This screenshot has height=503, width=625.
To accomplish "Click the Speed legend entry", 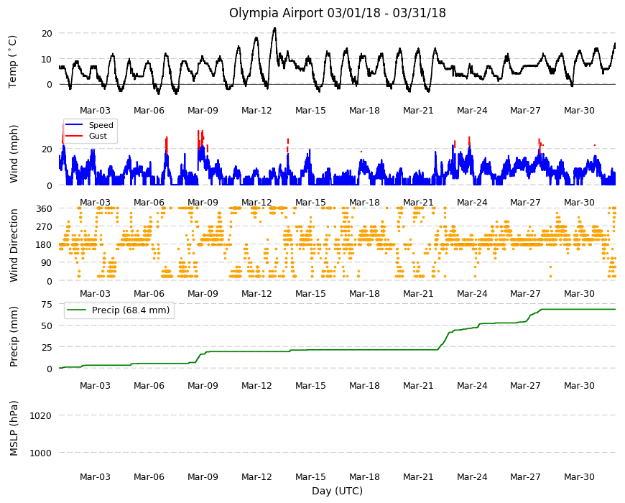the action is coord(101,125).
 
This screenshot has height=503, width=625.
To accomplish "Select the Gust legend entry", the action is coord(98,136).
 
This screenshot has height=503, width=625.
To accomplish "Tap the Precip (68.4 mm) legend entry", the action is coord(131,310).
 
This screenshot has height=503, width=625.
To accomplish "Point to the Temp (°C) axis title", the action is coord(13,62).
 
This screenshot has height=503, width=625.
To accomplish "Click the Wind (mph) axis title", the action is coord(14,154).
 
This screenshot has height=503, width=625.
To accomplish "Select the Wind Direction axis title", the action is coord(14,245).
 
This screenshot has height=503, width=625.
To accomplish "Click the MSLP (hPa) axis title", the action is coord(14,428).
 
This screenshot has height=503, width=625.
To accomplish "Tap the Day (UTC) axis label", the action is coord(337,491).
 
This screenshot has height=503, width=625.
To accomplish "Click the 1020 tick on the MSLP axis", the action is coord(41,416).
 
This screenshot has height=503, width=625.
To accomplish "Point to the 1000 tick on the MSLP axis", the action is coord(41,453).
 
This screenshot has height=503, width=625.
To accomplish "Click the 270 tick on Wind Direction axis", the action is coord(44,227).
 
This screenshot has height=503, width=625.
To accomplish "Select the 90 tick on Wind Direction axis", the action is coord(47,263).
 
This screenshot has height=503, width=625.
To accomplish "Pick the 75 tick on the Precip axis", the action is coord(47,305).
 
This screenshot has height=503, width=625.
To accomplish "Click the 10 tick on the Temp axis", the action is coord(47,60).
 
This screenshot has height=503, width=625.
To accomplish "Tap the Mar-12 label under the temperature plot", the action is coord(256,111).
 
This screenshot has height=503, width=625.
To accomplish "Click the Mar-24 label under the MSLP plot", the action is coord(472,476).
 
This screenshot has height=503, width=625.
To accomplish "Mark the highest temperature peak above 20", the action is coord(274,28).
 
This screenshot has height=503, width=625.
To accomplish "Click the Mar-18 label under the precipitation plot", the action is coord(364,385).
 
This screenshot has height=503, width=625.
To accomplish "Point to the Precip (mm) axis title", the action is coord(14,337).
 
